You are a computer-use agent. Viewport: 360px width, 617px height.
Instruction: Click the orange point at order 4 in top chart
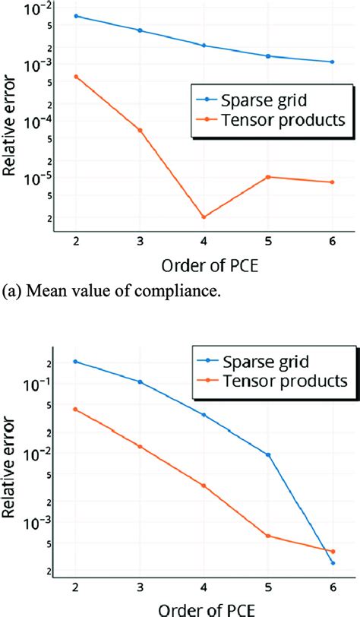coord(204,217)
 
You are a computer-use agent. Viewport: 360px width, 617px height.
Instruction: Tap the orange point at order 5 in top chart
coord(267,177)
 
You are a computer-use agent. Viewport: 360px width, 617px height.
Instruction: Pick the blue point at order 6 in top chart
coord(332,62)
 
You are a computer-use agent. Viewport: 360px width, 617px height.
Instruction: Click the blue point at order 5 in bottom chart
coord(267,454)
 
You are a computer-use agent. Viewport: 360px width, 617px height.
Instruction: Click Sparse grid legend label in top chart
coord(263,100)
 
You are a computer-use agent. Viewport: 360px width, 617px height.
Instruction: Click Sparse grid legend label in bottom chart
coord(263,360)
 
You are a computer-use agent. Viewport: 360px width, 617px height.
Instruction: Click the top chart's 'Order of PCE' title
coord(203,267)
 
